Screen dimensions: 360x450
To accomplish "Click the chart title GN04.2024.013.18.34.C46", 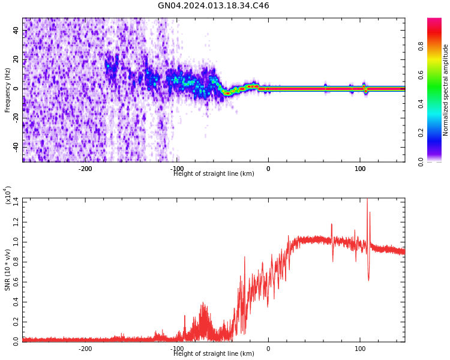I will [x=213, y=6].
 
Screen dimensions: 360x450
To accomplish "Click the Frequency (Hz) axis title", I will [x=8, y=90].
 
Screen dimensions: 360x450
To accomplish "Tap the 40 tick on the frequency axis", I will [x=16, y=31].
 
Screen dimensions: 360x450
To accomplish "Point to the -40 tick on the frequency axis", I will [x=14, y=146].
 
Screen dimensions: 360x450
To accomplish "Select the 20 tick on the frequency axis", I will [x=16, y=59].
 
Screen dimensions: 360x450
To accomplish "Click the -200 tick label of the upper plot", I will [x=85, y=169].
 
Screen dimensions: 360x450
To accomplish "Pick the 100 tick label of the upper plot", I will [x=360, y=169].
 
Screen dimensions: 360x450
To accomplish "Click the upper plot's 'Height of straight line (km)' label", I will [x=214, y=174].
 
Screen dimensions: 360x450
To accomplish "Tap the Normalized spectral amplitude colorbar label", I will [x=446, y=90].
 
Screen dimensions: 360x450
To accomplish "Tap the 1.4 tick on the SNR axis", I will [x=16, y=199].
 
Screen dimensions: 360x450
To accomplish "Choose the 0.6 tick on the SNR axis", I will [x=16, y=280].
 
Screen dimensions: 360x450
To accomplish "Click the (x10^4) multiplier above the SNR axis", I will [x=8, y=196].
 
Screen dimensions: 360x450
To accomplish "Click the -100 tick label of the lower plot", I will [x=177, y=349].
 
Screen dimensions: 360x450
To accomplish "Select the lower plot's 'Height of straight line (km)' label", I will [x=214, y=354].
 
